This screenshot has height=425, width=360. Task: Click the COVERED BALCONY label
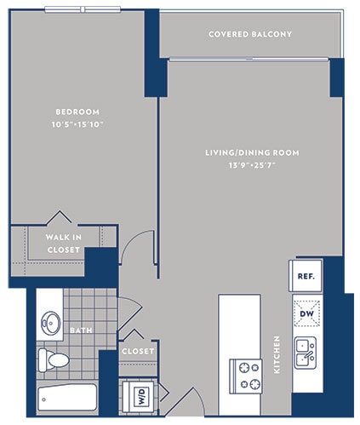click(250, 34)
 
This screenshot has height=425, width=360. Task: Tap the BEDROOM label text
click(77, 112)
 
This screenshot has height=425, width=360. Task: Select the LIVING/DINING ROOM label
click(251, 152)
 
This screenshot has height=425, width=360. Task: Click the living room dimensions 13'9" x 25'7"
click(251, 165)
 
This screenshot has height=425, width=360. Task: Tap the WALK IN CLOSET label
click(64, 244)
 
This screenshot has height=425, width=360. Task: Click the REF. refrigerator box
click(306, 276)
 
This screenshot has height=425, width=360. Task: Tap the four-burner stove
click(247, 376)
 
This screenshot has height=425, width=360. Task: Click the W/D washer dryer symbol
click(137, 395)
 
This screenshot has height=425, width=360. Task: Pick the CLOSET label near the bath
click(137, 351)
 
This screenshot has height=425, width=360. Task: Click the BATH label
click(81, 330)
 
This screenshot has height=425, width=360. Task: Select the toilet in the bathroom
click(55, 360)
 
